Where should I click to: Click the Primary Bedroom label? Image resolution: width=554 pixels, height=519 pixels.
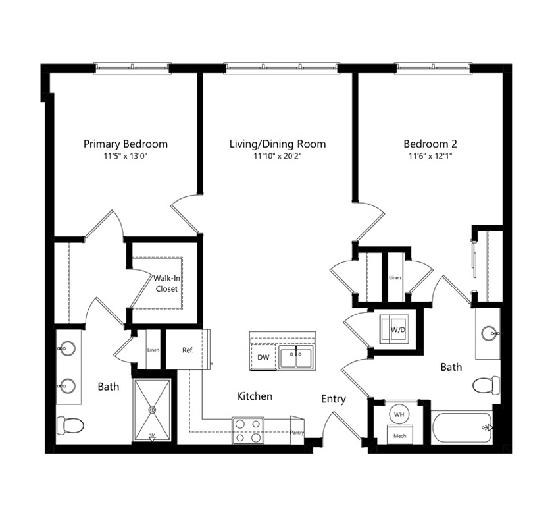(x=126, y=144)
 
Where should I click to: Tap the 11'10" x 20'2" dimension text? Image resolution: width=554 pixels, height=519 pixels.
(x=278, y=156)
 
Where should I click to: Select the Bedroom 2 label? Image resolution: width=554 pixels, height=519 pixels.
(x=430, y=144)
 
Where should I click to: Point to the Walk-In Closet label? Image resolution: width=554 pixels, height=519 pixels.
(x=166, y=283)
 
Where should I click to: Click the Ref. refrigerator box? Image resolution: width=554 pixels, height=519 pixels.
(x=188, y=350)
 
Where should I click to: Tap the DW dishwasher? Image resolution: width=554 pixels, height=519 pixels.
(x=263, y=357)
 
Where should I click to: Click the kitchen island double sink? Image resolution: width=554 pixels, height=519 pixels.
(x=296, y=358)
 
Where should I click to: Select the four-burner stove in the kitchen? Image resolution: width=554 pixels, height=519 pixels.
(x=248, y=430)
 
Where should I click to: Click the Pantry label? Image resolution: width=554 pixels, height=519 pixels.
(x=297, y=432)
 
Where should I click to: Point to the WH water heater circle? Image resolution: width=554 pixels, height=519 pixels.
(x=399, y=414)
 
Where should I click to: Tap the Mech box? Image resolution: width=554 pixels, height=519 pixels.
(x=399, y=435)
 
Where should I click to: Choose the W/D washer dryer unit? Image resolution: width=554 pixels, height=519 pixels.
(x=394, y=329)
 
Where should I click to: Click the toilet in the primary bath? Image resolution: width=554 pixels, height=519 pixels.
(x=70, y=425)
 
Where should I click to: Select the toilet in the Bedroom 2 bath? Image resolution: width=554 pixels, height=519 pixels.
(x=486, y=385)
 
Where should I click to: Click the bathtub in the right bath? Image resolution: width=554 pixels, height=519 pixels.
(x=462, y=427)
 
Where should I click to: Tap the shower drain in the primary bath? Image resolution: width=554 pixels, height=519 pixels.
(x=152, y=410)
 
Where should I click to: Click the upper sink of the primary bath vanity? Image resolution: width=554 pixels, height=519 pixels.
(x=66, y=348)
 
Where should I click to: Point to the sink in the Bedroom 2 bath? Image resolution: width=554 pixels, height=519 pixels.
(x=490, y=333)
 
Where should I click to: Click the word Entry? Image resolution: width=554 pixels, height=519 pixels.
(x=333, y=399)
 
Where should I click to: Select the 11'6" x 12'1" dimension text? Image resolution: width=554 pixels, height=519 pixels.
(x=430, y=156)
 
